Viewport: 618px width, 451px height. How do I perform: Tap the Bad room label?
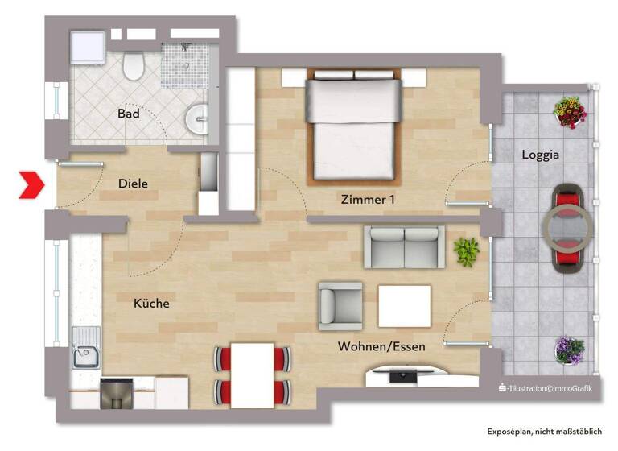(128, 114)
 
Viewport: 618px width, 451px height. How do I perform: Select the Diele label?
(133, 184)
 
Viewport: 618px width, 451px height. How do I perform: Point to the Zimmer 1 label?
(367, 199)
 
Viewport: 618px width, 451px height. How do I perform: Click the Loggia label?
(540, 154)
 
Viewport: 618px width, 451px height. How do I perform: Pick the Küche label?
(151, 304)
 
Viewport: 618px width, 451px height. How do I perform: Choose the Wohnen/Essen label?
(381, 346)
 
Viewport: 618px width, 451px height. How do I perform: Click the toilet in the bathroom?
(134, 64)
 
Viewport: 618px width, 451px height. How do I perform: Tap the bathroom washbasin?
(197, 120)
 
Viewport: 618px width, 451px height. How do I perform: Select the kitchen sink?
(85, 354)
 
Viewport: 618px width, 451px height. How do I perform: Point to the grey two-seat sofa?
(404, 246)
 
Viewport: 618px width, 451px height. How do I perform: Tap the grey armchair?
(340, 305)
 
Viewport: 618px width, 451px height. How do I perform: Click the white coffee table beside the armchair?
(404, 306)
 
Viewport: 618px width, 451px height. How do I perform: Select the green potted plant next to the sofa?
(466, 251)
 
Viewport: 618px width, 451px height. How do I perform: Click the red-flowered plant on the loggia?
(570, 112)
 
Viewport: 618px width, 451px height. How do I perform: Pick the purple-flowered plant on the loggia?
(570, 350)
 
